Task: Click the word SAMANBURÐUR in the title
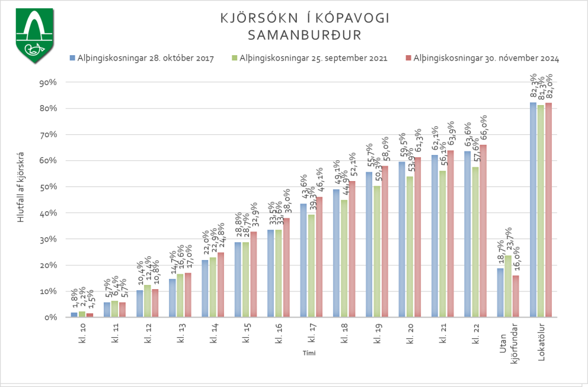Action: click(x=304, y=35)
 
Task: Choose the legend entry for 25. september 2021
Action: click(x=314, y=58)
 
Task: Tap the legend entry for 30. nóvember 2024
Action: click(x=486, y=58)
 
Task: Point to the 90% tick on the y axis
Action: click(x=47, y=82)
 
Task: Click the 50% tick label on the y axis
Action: click(x=47, y=186)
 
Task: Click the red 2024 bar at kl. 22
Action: click(x=482, y=231)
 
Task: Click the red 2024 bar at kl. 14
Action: click(x=221, y=284)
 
